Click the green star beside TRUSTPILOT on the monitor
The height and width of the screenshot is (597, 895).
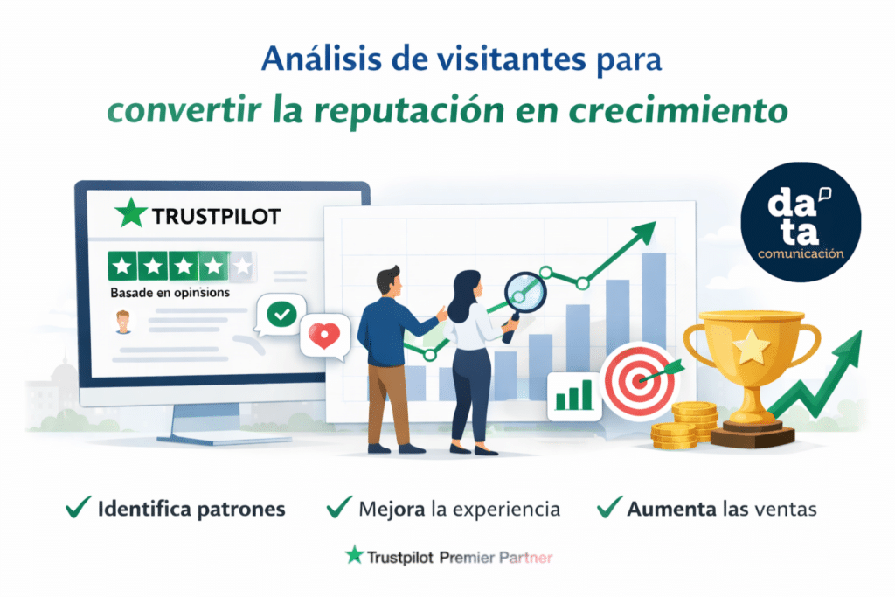tap(132, 212)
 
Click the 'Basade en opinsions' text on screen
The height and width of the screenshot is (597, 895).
tap(170, 293)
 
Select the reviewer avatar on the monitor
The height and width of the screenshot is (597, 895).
tap(124, 321)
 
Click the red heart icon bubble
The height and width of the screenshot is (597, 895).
tap(324, 336)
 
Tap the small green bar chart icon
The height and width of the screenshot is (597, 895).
tap(574, 395)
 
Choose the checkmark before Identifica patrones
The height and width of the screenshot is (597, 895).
tap(80, 506)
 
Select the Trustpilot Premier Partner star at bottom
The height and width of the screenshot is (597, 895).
tap(354, 555)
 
